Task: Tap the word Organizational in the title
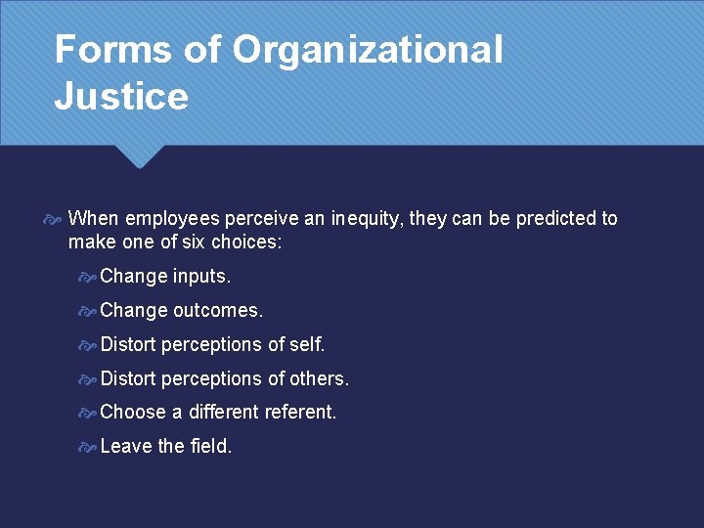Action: [368, 50]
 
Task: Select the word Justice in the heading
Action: [120, 97]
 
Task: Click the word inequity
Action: [364, 218]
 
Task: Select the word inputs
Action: [201, 277]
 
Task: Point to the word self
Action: [307, 344]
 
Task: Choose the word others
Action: [319, 378]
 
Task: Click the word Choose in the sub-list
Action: [132, 412]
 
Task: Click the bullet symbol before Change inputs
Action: [88, 278]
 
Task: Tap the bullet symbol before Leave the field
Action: [88, 447]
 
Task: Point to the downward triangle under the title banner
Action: [139, 156]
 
